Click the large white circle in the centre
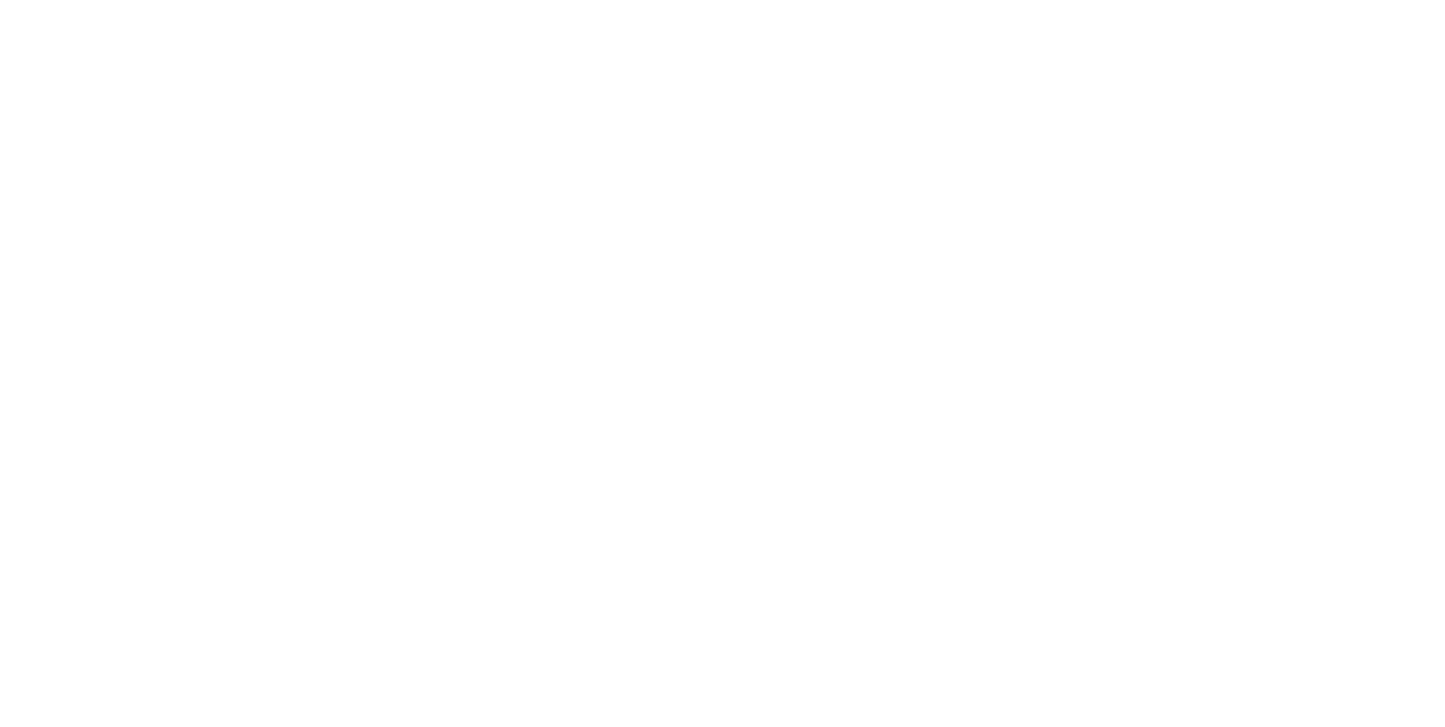pos(722,362)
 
